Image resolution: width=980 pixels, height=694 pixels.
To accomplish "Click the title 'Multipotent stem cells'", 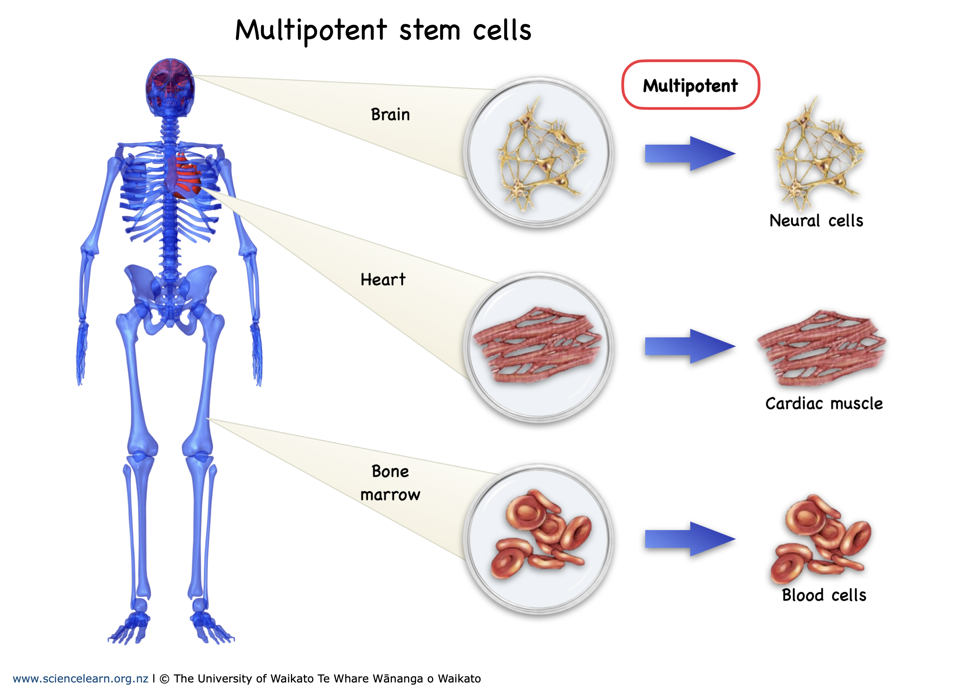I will point(383,31).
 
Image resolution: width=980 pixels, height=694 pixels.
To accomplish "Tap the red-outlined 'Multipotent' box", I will point(690,85).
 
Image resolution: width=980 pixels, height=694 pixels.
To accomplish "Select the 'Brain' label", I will point(390,114).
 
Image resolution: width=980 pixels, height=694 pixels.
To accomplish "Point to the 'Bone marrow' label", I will point(390,483).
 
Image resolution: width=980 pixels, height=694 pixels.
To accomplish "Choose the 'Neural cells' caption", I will point(816,220).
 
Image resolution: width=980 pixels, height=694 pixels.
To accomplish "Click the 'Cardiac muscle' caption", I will point(823,403).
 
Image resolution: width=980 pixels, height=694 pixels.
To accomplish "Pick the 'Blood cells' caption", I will point(823,595).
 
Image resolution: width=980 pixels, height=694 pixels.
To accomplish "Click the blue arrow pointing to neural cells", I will point(689,153).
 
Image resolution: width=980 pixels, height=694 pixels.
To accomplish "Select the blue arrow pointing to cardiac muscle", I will point(689,346).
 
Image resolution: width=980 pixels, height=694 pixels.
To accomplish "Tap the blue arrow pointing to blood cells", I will point(689,539).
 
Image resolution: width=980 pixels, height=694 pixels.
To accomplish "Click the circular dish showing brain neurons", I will point(539,152).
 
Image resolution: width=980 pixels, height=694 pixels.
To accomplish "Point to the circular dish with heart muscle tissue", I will point(539,347).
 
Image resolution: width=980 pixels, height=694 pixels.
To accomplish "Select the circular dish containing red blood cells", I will point(539,539).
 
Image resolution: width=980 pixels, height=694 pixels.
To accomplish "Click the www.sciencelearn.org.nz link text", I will point(80,679).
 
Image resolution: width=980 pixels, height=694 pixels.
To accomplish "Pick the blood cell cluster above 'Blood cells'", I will point(821,538).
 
